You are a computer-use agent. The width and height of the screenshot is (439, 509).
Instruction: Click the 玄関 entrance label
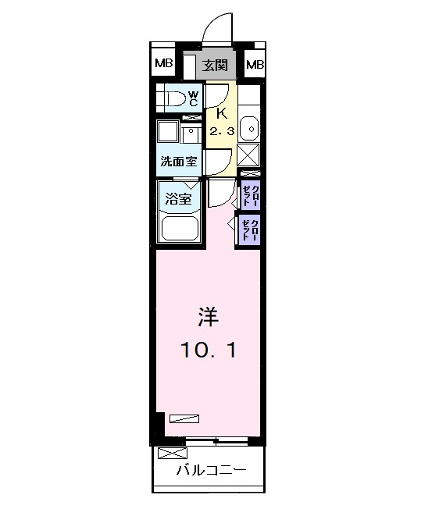tap(215, 65)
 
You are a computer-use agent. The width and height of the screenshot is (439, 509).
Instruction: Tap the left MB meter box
tap(164, 64)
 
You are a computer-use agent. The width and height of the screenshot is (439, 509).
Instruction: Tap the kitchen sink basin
tap(248, 126)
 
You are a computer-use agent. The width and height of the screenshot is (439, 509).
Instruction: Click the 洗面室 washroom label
tap(179, 162)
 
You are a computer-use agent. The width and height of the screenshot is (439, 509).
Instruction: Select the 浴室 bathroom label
tap(177, 198)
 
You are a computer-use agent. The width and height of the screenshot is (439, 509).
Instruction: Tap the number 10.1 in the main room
tap(208, 350)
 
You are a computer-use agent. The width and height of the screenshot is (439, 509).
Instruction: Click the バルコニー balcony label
tap(210, 470)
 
